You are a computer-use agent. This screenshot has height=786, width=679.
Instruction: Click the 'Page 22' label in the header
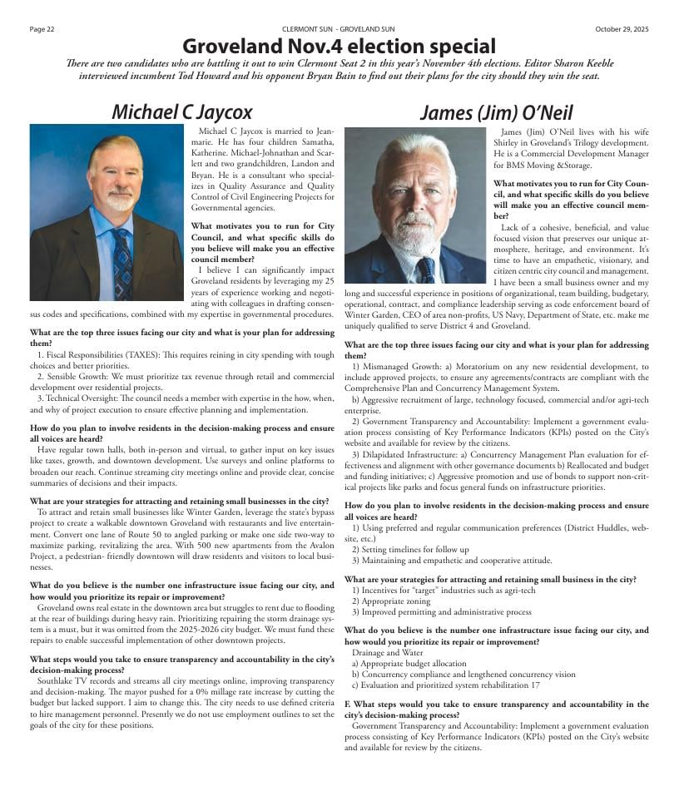click(42, 29)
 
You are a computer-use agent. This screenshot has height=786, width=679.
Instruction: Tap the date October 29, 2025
click(621, 29)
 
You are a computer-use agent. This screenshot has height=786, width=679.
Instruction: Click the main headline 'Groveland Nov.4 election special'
click(339, 46)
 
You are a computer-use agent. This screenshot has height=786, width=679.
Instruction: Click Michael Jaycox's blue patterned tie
click(122, 263)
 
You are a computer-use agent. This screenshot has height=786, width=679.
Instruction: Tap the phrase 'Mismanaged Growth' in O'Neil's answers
click(396, 366)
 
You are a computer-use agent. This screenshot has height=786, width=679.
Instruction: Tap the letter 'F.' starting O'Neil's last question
click(348, 704)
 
